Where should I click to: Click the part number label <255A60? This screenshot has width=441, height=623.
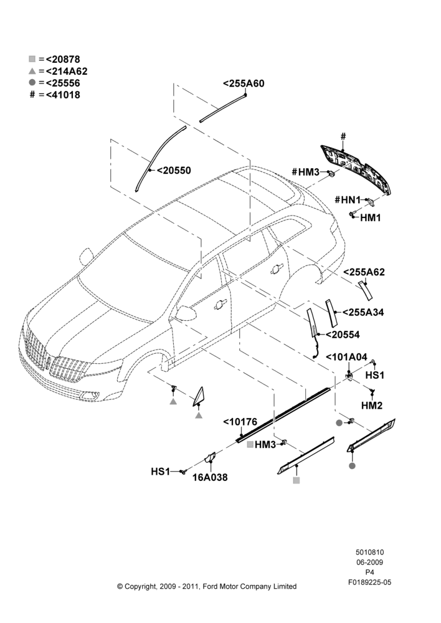click(244, 83)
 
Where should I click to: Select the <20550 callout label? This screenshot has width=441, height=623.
click(174, 171)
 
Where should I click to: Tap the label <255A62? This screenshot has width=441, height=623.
click(364, 272)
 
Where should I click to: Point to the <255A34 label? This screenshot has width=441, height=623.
click(363, 312)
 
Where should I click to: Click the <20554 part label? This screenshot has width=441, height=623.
click(343, 335)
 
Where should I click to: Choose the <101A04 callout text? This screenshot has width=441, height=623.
click(346, 357)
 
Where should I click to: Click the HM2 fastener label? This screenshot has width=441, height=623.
click(372, 406)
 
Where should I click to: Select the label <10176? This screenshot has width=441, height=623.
click(240, 422)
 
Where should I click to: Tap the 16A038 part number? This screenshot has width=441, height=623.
click(210, 478)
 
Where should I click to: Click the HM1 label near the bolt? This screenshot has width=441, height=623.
click(371, 217)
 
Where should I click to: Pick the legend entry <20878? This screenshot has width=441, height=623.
click(63, 59)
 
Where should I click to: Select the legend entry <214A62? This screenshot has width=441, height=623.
click(67, 71)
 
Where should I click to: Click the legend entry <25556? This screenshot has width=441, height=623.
click(63, 83)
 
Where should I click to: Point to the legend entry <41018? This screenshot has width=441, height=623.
click(63, 95)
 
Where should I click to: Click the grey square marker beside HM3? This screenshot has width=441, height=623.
click(250, 445)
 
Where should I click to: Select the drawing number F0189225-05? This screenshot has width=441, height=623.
click(369, 583)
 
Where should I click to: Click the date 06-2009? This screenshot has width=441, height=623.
click(369, 562)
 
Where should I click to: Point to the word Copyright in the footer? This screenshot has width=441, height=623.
click(140, 586)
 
